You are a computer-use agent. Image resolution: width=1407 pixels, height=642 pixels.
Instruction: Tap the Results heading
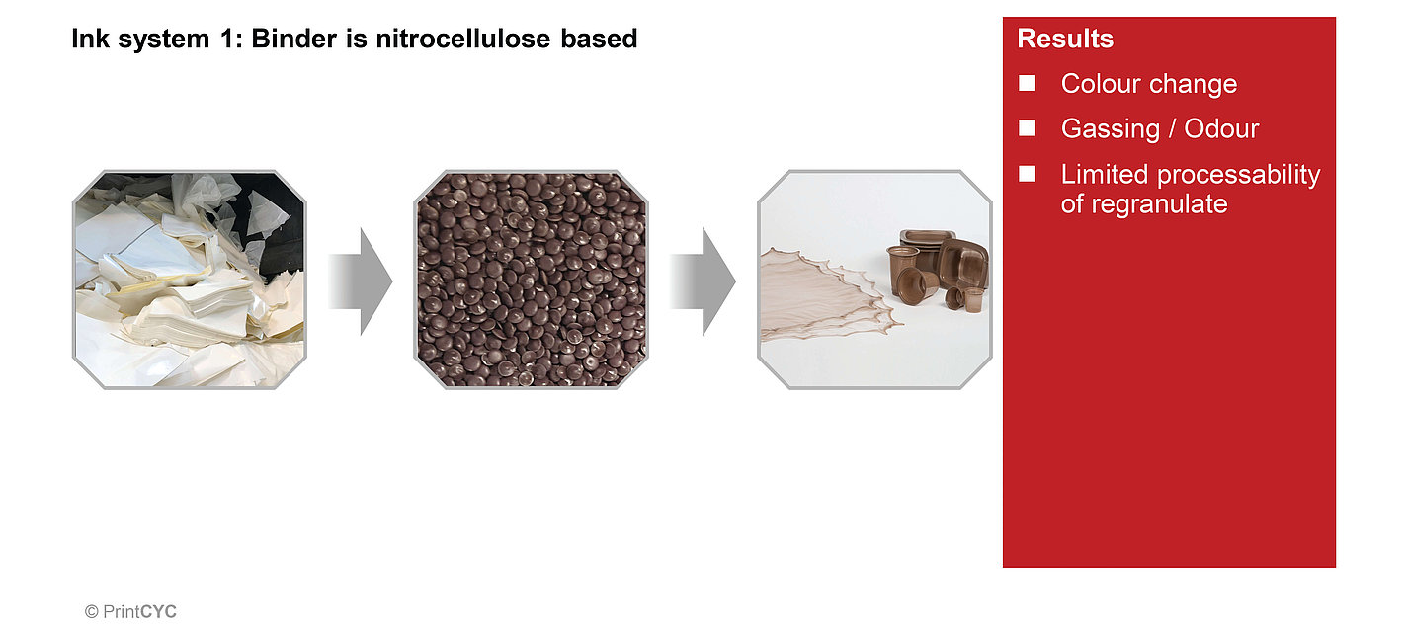pos(1065,40)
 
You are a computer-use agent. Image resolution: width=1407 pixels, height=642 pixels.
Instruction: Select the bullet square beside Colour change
pos(1028,84)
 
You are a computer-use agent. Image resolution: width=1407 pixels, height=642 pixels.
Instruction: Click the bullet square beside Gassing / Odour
pos(1028,128)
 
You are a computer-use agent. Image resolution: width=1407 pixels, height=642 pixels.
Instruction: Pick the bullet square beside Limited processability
pos(1028,174)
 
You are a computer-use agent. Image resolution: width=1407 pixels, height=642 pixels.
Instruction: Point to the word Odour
pos(1224,129)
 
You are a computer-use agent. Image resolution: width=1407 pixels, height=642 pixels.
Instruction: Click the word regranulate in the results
pos(1144,204)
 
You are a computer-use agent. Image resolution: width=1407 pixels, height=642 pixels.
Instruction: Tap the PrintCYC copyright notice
pos(130,612)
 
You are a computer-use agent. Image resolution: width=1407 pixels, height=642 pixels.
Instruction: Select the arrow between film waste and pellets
pos(360,281)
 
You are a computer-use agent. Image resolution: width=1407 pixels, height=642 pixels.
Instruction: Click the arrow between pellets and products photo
pos(703,281)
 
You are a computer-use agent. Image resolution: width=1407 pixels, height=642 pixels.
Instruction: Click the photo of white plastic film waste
pos(190,280)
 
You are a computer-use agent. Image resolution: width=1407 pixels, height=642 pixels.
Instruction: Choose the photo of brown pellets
pos(531,280)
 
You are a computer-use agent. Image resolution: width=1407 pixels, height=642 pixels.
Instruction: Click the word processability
pos(1239,175)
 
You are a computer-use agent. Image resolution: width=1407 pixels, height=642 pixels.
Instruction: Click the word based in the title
pos(608,40)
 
